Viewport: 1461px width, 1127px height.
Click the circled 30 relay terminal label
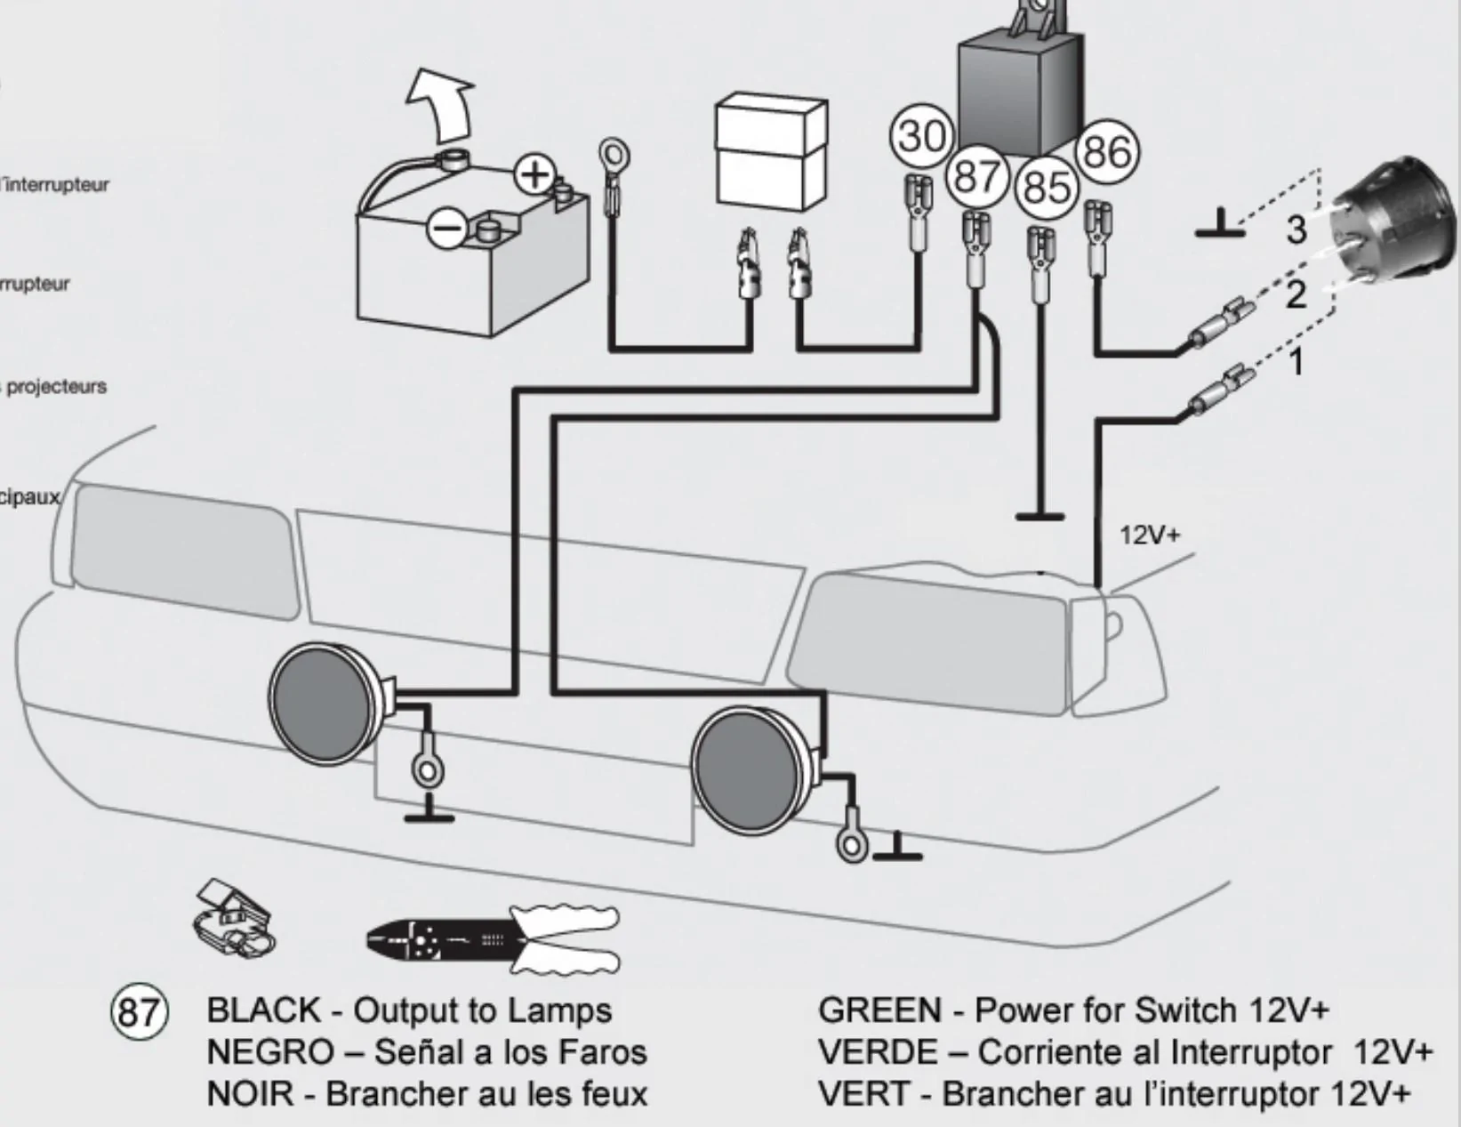[921, 136]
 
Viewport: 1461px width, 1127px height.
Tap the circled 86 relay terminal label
[1106, 151]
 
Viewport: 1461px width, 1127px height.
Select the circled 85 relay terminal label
[1046, 188]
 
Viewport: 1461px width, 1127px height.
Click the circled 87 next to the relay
[977, 176]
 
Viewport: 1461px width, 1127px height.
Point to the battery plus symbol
[535, 174]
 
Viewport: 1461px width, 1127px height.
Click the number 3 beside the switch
[1296, 229]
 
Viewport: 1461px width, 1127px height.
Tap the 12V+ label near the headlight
[1150, 535]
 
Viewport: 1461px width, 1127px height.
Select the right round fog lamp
[749, 770]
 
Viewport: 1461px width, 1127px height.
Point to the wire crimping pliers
[494, 939]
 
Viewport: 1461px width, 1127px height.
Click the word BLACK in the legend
[263, 1011]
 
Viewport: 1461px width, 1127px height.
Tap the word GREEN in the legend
[879, 1011]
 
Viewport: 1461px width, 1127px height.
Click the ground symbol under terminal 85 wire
[1040, 515]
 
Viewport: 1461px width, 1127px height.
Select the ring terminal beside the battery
[614, 157]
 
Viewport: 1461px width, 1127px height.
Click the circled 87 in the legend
[139, 1012]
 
